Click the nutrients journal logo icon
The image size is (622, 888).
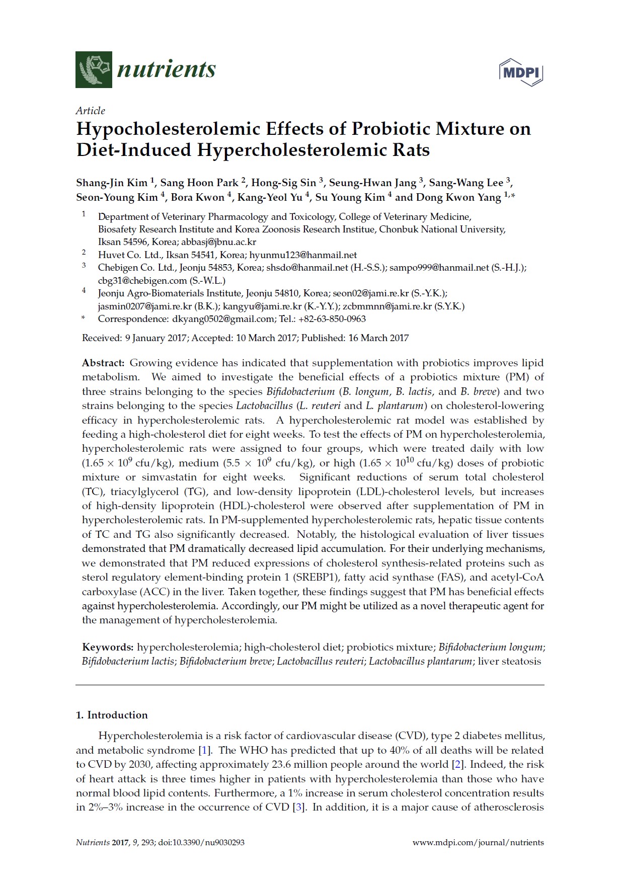pyautogui.click(x=94, y=69)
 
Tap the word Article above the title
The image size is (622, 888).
pyautogui.click(x=91, y=111)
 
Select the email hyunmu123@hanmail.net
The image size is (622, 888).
pyautogui.click(x=303, y=255)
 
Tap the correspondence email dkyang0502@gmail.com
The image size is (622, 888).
pyautogui.click(x=223, y=319)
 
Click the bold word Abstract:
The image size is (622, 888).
pyautogui.click(x=103, y=363)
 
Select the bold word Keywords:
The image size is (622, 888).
pyautogui.click(x=108, y=647)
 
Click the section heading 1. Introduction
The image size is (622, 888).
pyautogui.click(x=112, y=715)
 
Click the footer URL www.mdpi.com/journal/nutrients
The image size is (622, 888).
pyautogui.click(x=478, y=842)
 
